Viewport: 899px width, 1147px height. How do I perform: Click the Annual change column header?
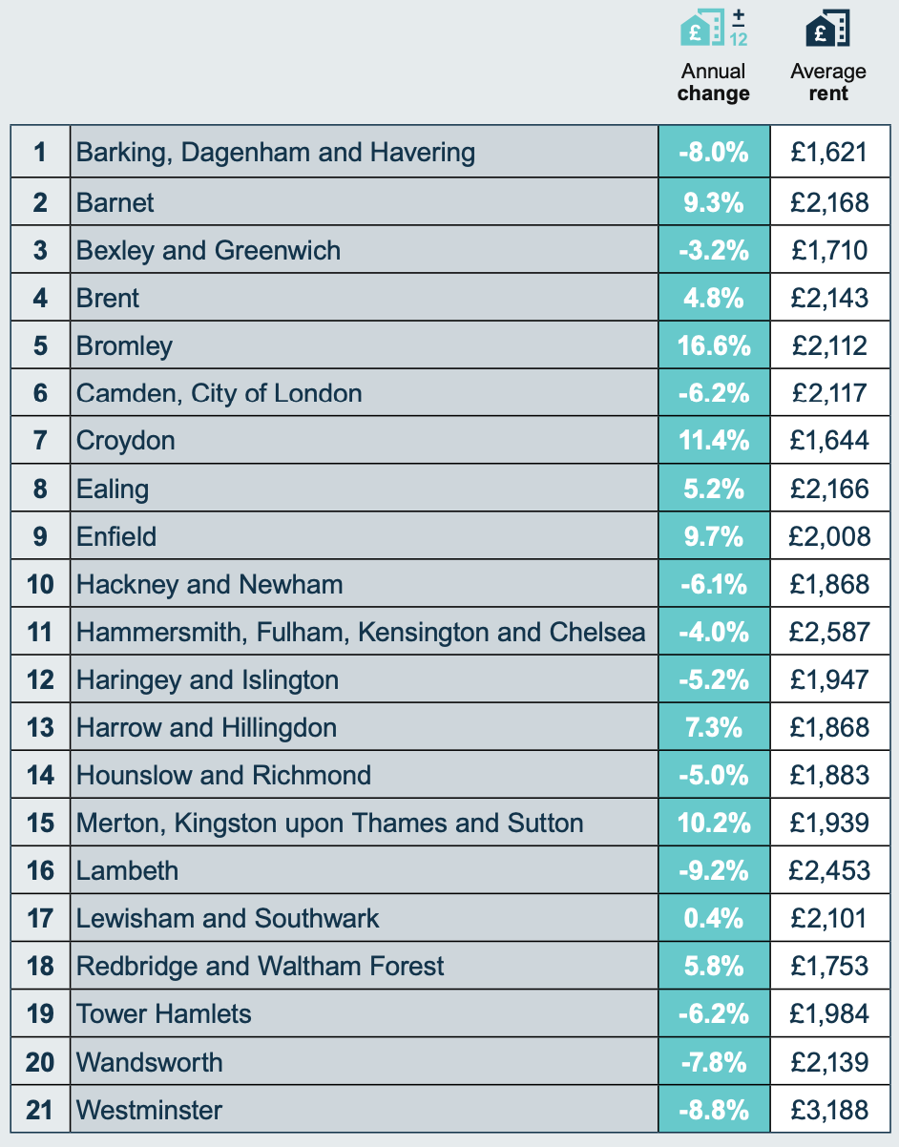(713, 82)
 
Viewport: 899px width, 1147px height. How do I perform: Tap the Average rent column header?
(828, 82)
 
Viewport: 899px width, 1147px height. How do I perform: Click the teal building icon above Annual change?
(712, 29)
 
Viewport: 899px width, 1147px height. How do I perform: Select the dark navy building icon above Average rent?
(827, 29)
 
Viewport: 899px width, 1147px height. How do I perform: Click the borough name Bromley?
(124, 345)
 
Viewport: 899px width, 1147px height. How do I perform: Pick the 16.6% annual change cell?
(713, 345)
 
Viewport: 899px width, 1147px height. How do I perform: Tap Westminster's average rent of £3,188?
(829, 1110)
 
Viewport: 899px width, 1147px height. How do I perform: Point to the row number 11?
(40, 633)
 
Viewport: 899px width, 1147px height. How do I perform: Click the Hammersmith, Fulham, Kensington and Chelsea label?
(361, 633)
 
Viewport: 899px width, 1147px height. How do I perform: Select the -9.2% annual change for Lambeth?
(713, 871)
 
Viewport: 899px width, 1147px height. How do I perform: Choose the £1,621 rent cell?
(829, 153)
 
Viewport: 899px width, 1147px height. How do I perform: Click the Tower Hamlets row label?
(163, 1013)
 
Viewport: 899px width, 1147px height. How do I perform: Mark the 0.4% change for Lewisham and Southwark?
(713, 919)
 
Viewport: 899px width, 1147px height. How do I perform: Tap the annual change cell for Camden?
(713, 393)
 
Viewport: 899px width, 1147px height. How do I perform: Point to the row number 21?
(40, 1110)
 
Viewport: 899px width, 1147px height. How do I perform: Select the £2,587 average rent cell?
(829, 633)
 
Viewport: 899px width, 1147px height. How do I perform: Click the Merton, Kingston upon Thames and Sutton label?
(329, 824)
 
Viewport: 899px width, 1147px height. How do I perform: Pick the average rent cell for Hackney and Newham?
(829, 584)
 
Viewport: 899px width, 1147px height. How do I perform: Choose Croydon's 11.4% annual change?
(713, 441)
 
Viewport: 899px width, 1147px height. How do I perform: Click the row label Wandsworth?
(149, 1062)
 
